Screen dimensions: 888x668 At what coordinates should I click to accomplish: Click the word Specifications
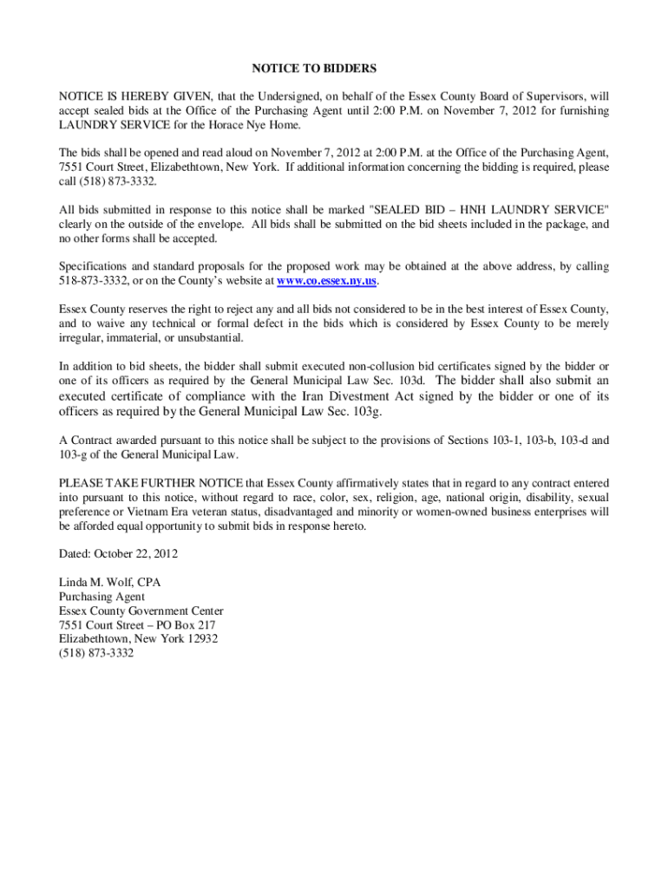point(95,267)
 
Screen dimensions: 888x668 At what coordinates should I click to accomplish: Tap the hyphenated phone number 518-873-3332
point(95,282)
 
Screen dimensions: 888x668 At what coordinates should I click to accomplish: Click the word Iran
point(307,396)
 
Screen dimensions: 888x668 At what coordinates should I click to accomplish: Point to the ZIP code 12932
point(201,639)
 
